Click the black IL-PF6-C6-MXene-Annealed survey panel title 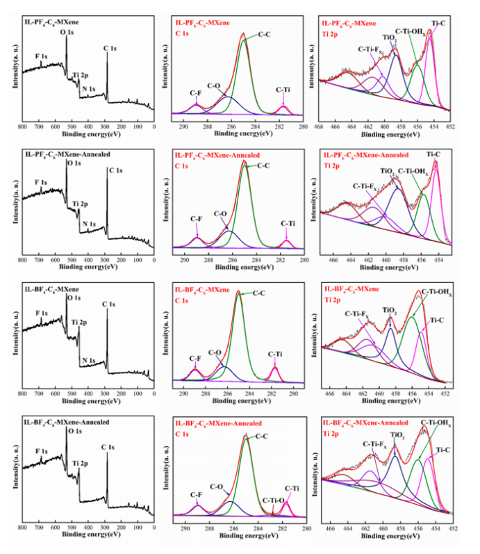pos(63,153)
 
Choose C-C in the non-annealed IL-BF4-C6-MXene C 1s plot pos(260,294)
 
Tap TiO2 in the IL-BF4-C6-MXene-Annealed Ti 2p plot pos(397,435)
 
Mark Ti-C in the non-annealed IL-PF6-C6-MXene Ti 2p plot pos(440,22)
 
